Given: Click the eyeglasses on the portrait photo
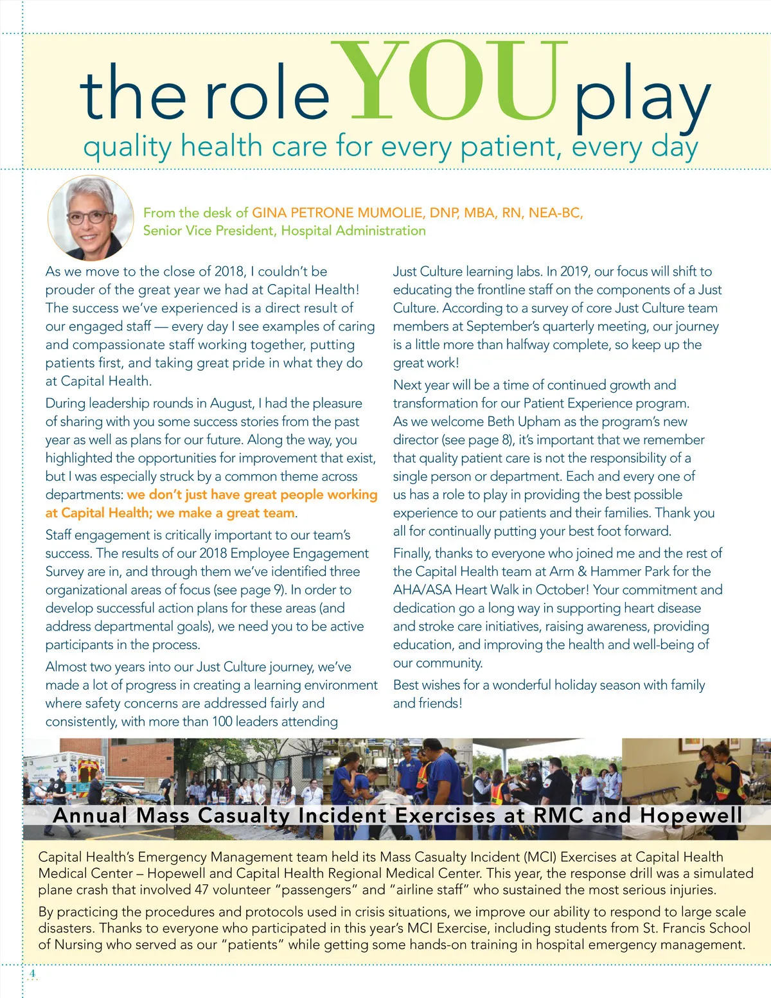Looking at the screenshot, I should [x=89, y=216].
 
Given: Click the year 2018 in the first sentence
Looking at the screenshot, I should [x=229, y=271].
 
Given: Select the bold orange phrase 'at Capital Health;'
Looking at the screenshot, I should [x=98, y=513].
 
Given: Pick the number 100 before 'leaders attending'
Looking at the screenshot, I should [x=222, y=721].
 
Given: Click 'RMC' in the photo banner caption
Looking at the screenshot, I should [x=559, y=815].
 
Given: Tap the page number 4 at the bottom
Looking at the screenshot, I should [x=32, y=974].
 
